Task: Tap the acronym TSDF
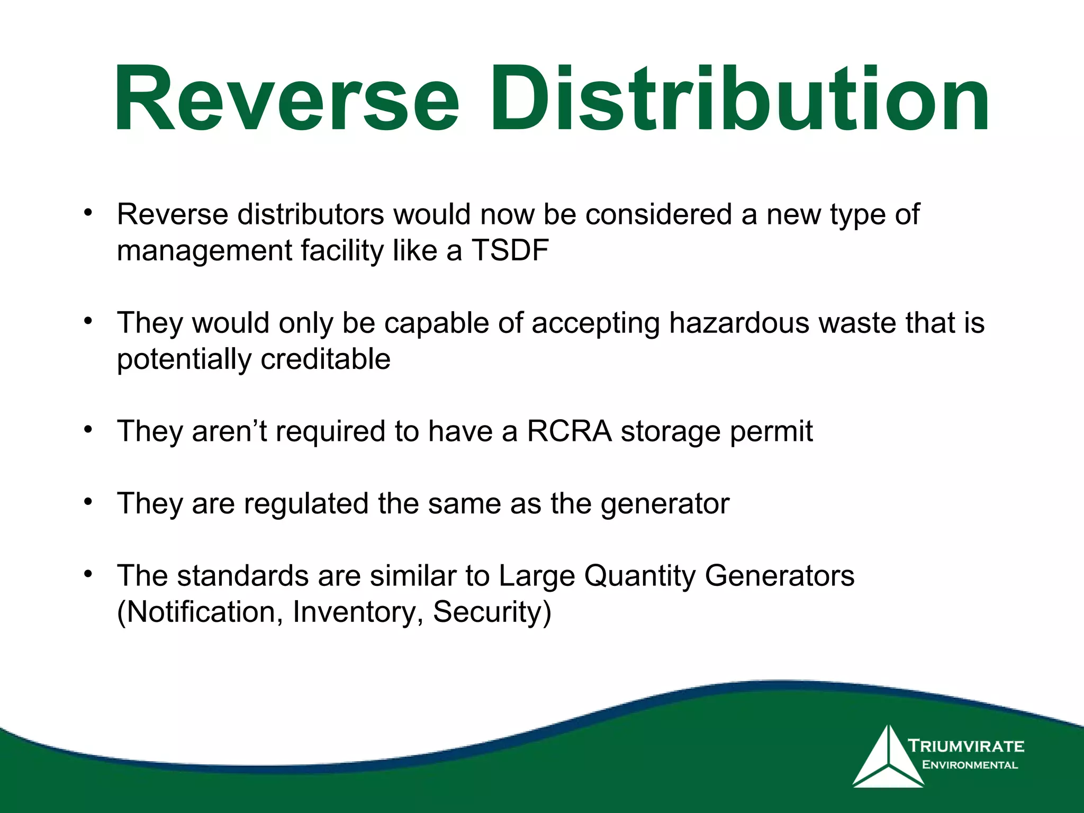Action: click(510, 250)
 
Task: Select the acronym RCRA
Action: click(569, 431)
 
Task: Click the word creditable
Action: click(326, 359)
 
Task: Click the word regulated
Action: click(306, 504)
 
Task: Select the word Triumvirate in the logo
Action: click(966, 746)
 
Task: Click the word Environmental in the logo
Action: click(970, 765)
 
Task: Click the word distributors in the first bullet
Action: click(311, 214)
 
